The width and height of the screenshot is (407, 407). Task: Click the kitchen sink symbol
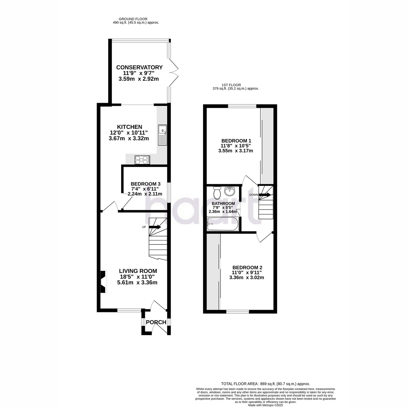click(x=162, y=135)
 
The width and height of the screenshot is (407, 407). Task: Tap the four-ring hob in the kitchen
click(x=142, y=160)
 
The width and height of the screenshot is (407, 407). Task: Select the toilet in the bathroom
click(x=217, y=193)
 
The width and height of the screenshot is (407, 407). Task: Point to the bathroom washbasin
click(x=229, y=191)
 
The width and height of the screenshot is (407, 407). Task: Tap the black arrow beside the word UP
click(x=155, y=227)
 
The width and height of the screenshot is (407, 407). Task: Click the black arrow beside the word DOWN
click(x=265, y=195)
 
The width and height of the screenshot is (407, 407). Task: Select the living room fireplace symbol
click(x=103, y=282)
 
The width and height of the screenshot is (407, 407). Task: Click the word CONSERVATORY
click(x=139, y=67)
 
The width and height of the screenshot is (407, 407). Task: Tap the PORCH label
click(x=156, y=322)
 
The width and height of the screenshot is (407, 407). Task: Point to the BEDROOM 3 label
click(x=146, y=184)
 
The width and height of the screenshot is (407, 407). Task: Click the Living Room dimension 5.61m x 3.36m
click(x=137, y=283)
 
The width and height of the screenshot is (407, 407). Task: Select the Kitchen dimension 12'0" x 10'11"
click(x=129, y=133)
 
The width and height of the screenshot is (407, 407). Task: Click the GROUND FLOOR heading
click(x=133, y=19)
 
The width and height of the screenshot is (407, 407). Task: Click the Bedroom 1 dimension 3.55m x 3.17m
click(x=235, y=151)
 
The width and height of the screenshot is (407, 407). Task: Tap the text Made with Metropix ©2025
click(x=266, y=405)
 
